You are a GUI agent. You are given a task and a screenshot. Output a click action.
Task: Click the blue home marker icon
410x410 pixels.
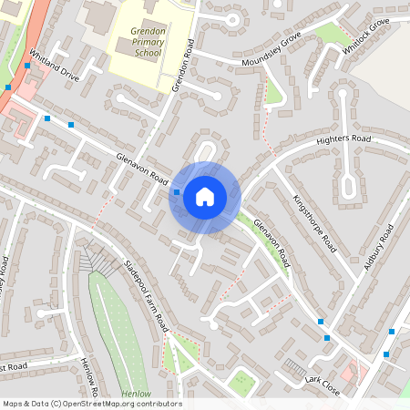[205, 196]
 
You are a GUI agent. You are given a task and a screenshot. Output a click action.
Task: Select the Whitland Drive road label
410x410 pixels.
[55, 67]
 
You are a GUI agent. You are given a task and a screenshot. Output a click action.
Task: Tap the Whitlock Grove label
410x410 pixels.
[365, 34]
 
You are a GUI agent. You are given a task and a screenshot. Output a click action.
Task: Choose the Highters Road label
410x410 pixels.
[343, 139]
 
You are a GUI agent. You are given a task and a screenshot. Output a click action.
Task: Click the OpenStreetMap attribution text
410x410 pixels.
[92, 404]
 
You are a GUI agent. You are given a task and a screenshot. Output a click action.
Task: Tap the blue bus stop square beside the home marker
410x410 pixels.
[176, 191]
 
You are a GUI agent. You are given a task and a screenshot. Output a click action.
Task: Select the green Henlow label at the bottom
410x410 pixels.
[135, 395]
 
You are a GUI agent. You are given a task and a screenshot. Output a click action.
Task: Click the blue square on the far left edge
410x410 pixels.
[7, 87]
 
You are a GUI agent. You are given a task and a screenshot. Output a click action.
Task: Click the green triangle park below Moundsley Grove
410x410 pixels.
[272, 92]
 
